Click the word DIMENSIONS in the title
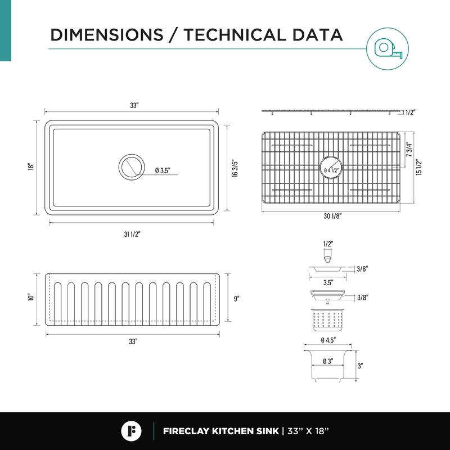(107, 35)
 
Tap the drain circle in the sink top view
(132, 167)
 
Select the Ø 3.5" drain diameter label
(163, 170)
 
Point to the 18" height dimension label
(31, 166)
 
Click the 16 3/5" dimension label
(235, 168)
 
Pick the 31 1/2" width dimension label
(132, 234)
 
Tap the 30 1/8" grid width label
(332, 216)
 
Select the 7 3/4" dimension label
(409, 150)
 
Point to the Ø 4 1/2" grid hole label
(331, 170)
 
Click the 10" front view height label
(31, 297)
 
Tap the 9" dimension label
(236, 299)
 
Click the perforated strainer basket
(327, 320)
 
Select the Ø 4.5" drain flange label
(328, 340)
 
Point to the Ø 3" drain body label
(327, 361)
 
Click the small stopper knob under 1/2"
(328, 260)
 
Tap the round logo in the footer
(131, 431)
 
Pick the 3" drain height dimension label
(360, 366)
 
